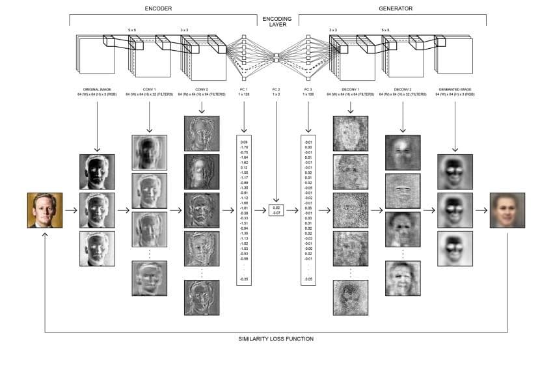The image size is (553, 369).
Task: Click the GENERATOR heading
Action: (396, 8)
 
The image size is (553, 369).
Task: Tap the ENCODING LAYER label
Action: (276, 22)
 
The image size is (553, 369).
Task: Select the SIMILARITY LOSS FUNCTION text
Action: (276, 339)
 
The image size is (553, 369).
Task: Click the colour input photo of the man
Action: (45, 210)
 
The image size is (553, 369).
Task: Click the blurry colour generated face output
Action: (507, 210)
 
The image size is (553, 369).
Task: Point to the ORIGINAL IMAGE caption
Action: (97, 89)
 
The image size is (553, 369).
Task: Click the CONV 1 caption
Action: (149, 89)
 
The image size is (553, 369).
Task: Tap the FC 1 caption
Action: (244, 89)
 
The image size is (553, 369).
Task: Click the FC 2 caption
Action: (276, 89)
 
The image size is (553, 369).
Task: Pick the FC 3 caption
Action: (308, 89)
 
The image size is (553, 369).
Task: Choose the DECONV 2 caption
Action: (403, 89)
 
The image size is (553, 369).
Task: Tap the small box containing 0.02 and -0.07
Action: (276, 210)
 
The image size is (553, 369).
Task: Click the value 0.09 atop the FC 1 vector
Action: (245, 141)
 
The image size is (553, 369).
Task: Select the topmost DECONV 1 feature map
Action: (351, 133)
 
